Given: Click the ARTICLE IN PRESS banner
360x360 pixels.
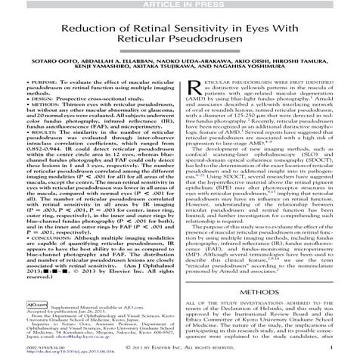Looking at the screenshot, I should click(179, 5).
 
